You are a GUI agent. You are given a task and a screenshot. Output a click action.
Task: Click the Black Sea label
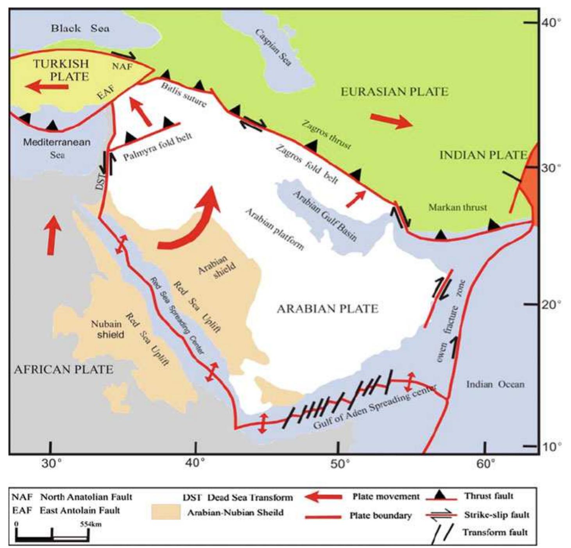(80, 28)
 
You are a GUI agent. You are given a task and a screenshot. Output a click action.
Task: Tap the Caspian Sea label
(273, 48)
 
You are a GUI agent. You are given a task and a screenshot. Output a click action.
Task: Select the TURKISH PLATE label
(61, 69)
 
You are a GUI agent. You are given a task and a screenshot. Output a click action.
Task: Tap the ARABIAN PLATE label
(328, 309)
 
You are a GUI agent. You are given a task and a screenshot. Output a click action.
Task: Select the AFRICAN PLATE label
(63, 369)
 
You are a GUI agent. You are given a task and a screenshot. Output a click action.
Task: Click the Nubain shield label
(107, 329)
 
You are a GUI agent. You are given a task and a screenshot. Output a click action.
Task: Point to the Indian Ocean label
(495, 384)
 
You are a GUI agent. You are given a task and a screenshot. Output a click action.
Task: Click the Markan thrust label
(458, 207)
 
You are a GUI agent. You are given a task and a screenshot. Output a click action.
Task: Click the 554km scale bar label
(91, 524)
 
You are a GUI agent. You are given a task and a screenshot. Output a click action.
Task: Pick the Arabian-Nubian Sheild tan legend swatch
(166, 512)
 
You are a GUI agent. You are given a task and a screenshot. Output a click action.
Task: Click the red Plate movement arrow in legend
(323, 497)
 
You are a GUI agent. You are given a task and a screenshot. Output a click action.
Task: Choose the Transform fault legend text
(495, 532)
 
